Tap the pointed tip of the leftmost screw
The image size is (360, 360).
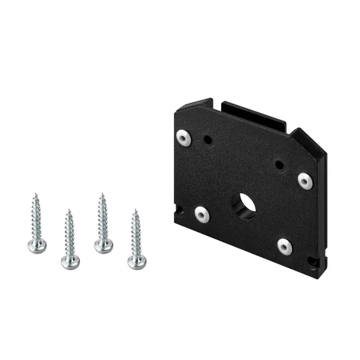pyautogui.click(x=35, y=193)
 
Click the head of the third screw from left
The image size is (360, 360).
pyautogui.click(x=102, y=246)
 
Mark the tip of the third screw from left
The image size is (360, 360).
pyautogui.click(x=101, y=193)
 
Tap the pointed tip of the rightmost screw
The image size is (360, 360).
pyautogui.click(x=135, y=210)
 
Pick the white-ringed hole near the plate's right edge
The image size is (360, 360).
pyautogui.click(x=305, y=181)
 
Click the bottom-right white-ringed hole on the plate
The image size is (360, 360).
pyautogui.click(x=285, y=246)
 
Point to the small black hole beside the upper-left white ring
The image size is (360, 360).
pyautogui.click(x=209, y=139)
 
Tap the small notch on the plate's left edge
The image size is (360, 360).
pyautogui.click(x=177, y=209)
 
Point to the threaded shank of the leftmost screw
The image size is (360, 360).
pyautogui.click(x=36, y=217)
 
